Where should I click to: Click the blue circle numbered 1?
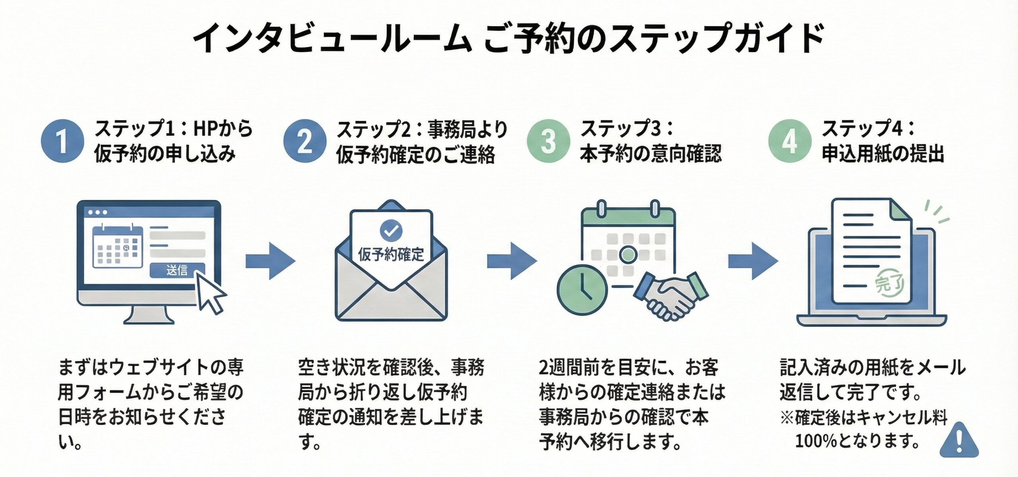coord(62,141)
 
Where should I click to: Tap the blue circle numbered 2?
coord(305,141)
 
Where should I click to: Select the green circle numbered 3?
coord(548,141)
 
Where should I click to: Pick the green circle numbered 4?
coord(789,141)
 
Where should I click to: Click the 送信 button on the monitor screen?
coord(177,271)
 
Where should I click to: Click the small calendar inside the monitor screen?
coord(118,247)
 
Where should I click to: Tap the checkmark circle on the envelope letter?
coord(391,230)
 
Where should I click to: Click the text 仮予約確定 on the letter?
coord(391,255)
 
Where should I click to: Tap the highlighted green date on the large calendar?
coord(628,254)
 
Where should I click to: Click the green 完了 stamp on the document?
coord(889,284)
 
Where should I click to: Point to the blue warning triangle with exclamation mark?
coord(959,441)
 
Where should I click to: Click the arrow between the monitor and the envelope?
coord(270,261)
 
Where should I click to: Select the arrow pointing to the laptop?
coord(753,261)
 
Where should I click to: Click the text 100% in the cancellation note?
coord(815,441)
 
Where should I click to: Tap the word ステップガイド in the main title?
coord(716,39)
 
